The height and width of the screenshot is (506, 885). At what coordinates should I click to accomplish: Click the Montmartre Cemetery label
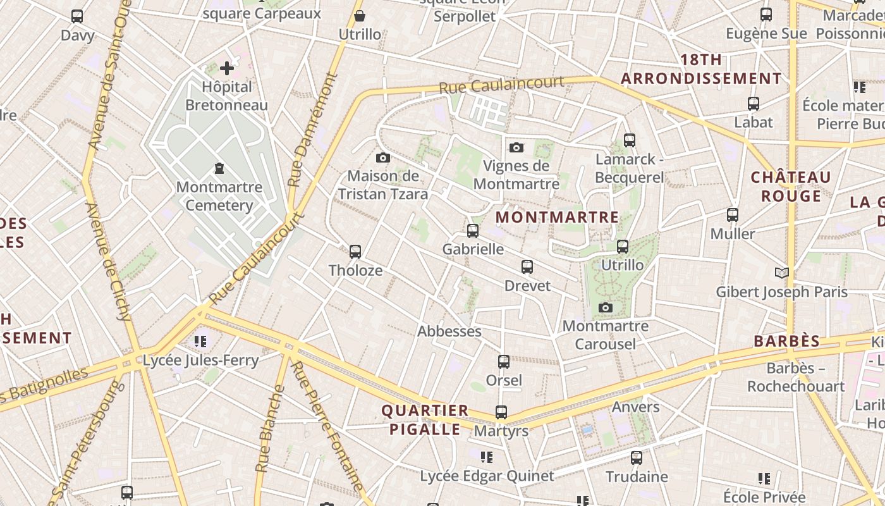(219, 196)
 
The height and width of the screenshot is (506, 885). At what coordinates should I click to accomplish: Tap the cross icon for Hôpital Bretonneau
(227, 68)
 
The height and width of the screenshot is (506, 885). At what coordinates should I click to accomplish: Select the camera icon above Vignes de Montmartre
(516, 148)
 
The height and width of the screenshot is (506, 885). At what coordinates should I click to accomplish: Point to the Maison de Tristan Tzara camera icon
(383, 158)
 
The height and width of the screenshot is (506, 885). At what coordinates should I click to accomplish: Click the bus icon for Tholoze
(355, 252)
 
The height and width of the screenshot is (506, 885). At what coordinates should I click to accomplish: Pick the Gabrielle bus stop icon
(473, 231)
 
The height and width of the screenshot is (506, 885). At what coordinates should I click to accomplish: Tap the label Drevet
(527, 286)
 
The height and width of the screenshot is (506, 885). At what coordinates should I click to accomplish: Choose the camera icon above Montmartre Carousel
(606, 308)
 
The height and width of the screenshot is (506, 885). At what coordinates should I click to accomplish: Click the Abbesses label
(449, 331)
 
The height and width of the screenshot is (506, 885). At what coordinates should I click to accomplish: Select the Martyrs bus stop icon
(501, 412)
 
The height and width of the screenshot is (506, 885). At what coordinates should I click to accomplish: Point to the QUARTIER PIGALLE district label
(425, 420)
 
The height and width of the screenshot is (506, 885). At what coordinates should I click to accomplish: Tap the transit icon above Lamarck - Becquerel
(630, 140)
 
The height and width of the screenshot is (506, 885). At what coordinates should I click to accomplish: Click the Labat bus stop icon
(754, 104)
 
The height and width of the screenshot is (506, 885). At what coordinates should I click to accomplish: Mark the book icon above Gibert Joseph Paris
(782, 273)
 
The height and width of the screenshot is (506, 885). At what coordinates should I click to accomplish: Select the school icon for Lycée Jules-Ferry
(200, 342)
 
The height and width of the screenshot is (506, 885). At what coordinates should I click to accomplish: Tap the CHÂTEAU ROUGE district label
(791, 187)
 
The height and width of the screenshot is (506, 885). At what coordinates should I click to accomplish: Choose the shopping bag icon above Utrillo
(360, 16)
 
